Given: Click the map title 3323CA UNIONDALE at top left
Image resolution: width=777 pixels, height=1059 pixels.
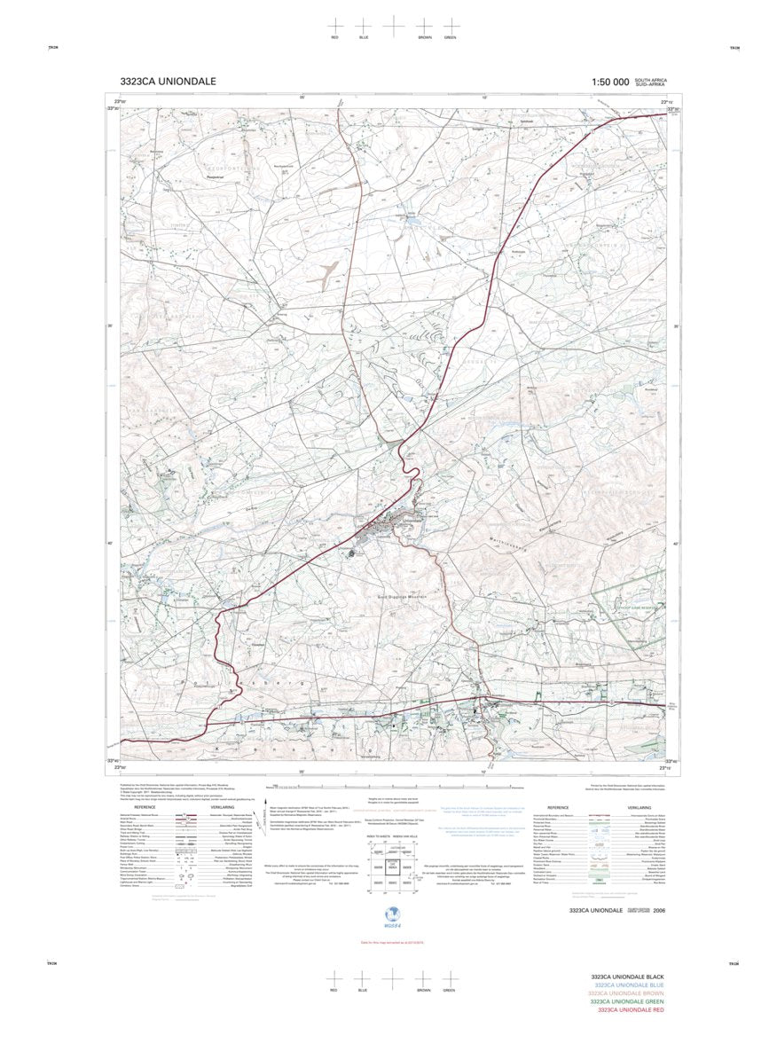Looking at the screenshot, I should click(168, 82).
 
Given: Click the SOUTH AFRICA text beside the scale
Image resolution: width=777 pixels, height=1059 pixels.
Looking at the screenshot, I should click(650, 80).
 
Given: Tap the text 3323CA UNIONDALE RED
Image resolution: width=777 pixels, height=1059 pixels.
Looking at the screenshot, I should click(631, 1010).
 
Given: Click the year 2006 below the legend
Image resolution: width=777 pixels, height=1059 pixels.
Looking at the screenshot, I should click(658, 911).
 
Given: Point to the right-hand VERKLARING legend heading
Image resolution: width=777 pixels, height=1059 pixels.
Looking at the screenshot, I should click(639, 808).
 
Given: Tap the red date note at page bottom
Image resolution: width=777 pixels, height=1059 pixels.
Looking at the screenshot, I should click(388, 941).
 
